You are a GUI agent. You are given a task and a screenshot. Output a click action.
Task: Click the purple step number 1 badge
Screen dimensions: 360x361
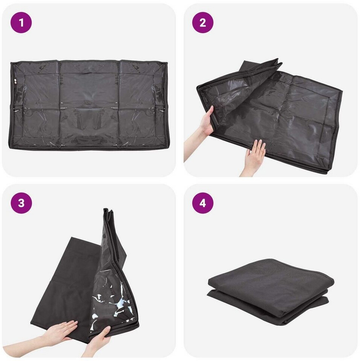[x=21, y=23]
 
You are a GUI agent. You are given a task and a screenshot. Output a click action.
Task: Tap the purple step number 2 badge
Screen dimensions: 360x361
[x=203, y=23]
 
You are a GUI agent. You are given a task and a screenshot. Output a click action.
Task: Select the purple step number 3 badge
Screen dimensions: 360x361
[x=21, y=203]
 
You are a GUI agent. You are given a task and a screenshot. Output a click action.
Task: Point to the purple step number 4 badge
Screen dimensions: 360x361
[x=203, y=203]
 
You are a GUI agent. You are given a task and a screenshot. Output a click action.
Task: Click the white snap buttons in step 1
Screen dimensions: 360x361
[x=15, y=81]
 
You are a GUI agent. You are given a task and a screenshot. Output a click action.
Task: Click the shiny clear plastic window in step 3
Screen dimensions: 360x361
[x=113, y=304]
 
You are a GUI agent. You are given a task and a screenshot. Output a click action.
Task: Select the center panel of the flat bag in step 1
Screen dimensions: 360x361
[x=90, y=105]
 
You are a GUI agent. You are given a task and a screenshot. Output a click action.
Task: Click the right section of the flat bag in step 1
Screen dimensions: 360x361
[x=143, y=105]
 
